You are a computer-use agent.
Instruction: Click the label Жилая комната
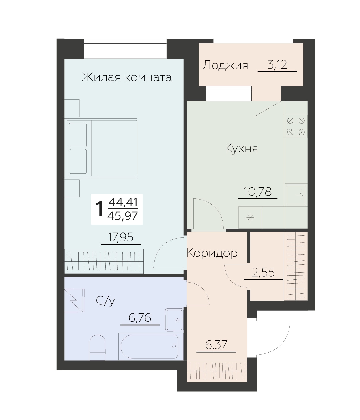pos(127,77)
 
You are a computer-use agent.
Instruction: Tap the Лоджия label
pos(225,65)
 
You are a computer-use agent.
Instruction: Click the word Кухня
pos(241,148)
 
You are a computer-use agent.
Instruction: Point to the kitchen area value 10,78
pos(257,191)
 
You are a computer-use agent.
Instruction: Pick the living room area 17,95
pos(120,237)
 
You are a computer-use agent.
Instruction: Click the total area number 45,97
pos(122,216)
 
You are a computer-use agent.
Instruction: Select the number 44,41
pos(123,203)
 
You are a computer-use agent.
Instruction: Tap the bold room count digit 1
pos(100,209)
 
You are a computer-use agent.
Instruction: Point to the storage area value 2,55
pos(263,272)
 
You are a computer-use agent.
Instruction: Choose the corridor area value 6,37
pos(216,345)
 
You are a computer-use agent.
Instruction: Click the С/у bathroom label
pos(105,301)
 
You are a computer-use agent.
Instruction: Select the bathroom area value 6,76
pos(140,318)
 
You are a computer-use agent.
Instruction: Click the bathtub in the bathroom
pos(151,346)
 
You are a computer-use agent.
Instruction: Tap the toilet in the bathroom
pos(98,347)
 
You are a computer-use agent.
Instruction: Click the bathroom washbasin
pos(174,319)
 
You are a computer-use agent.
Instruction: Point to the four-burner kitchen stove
pos(296,126)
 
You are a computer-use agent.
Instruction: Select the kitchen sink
pos(296,195)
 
